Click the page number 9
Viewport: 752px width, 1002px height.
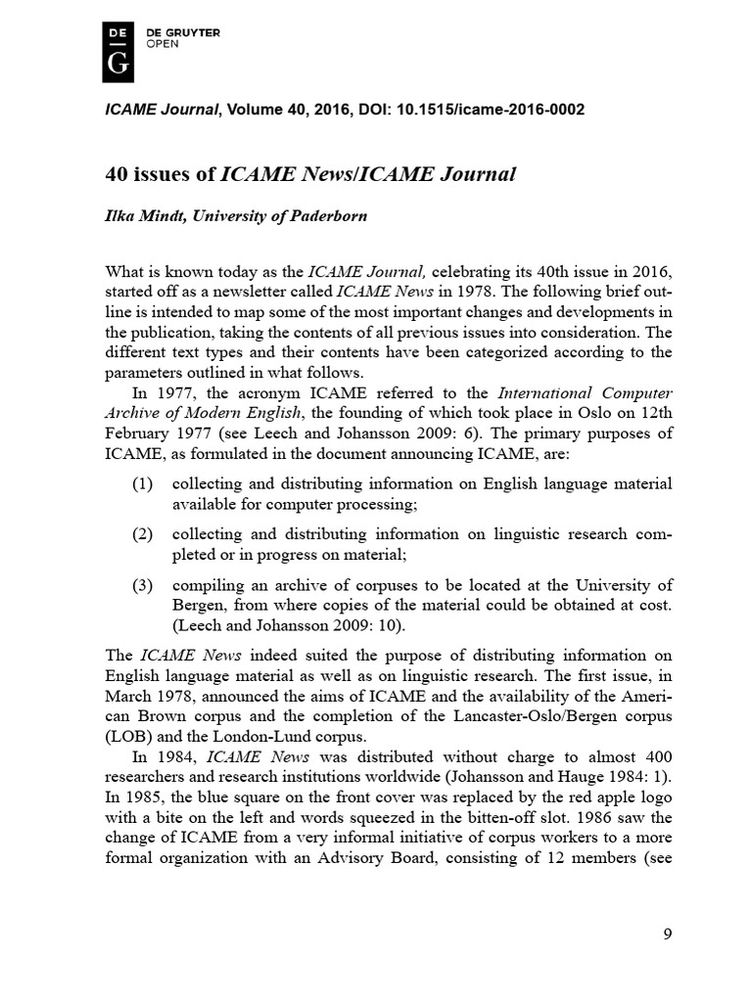[667, 934]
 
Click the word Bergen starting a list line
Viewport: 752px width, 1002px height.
[197, 606]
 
